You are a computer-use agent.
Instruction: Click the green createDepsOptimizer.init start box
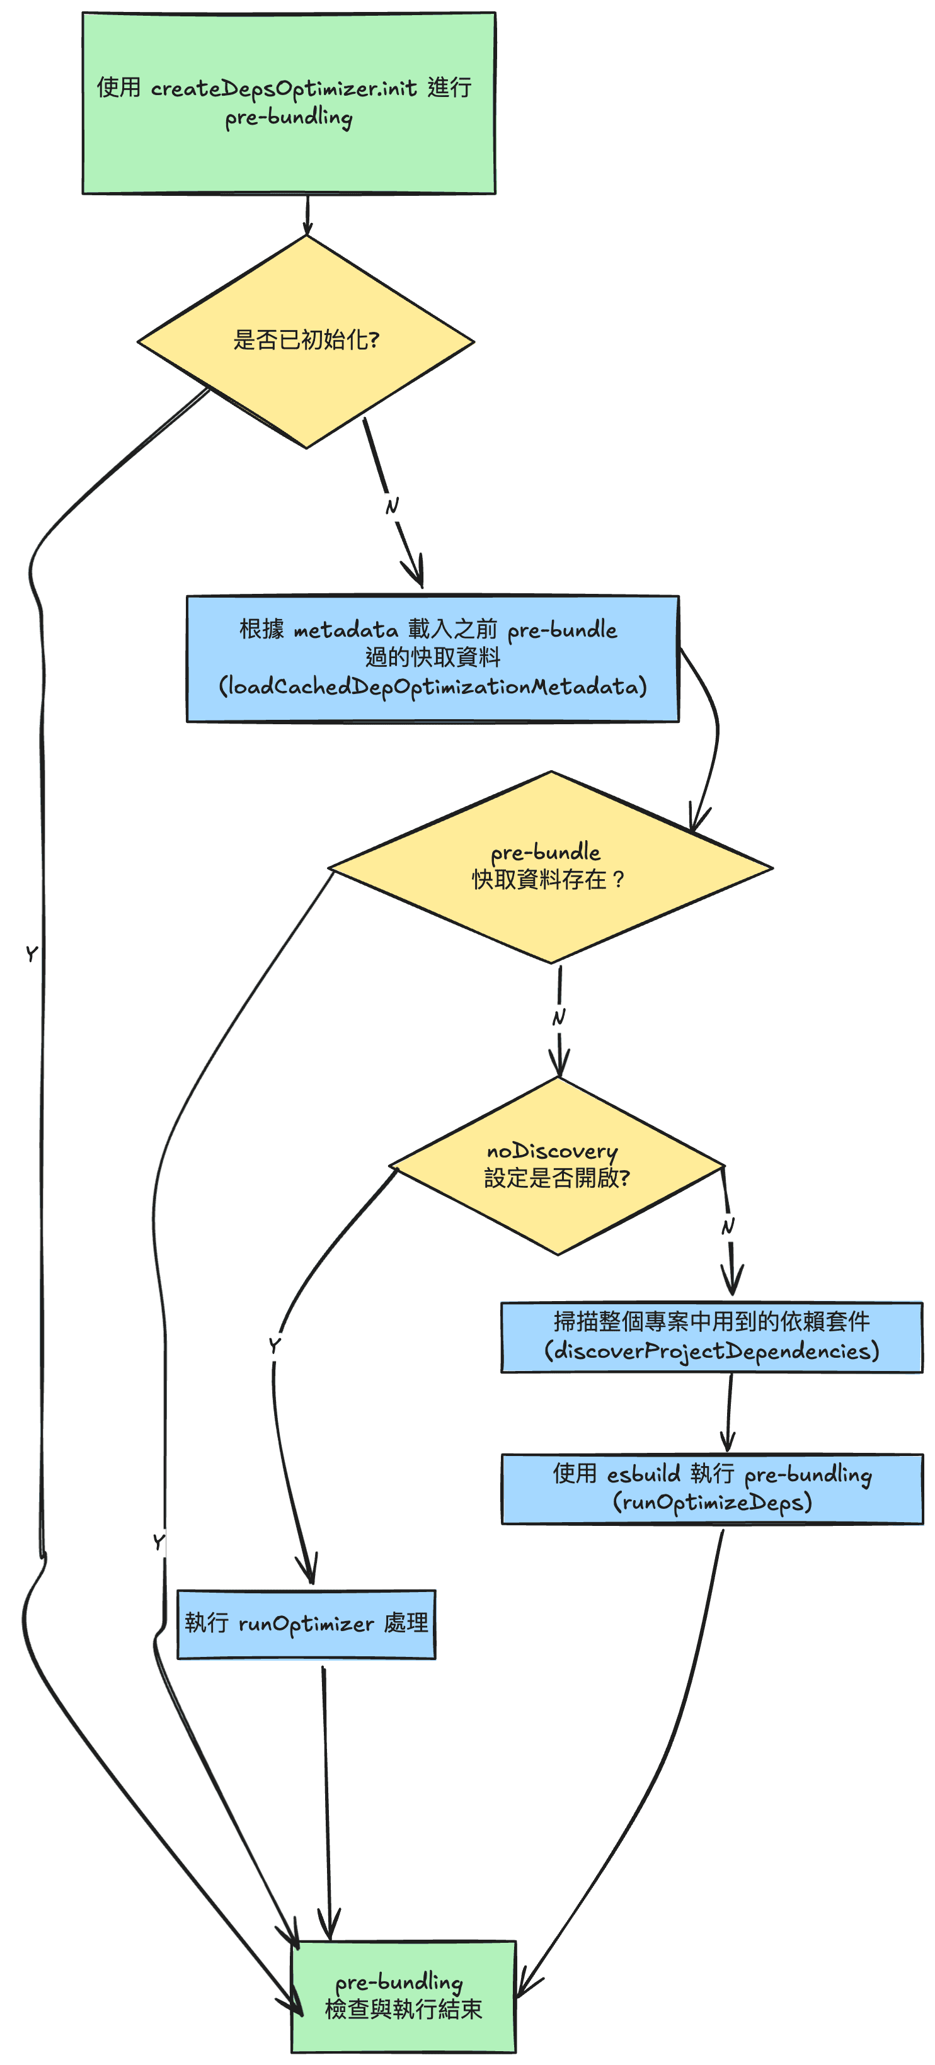[x=289, y=103]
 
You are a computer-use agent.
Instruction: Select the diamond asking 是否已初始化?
[x=306, y=341]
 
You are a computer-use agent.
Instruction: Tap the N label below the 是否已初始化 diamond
[x=391, y=506]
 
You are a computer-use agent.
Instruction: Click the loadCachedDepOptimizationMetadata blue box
[x=432, y=658]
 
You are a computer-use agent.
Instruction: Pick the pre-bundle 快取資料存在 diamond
[x=550, y=867]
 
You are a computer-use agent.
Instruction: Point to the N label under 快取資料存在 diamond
[x=559, y=1017]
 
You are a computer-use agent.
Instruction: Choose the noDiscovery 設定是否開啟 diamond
[x=556, y=1165]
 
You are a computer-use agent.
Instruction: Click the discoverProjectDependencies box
[x=711, y=1336]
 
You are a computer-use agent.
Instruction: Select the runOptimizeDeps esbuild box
[x=711, y=1488]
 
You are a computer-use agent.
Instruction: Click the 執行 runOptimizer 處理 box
[x=306, y=1624]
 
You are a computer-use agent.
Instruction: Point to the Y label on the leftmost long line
[x=32, y=953]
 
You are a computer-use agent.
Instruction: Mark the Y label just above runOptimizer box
[x=159, y=1542]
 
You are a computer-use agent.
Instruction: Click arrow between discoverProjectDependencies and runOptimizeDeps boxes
[x=729, y=1413]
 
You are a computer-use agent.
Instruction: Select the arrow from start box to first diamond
[x=307, y=214]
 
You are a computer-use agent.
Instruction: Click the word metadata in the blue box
[x=346, y=631]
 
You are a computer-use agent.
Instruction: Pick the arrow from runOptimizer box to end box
[x=326, y=1795]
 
